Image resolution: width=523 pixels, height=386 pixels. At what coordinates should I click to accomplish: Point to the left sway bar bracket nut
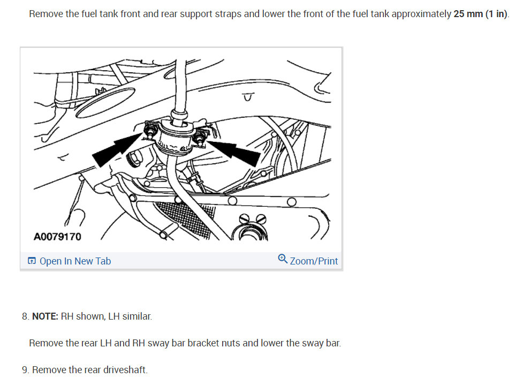coord(150,130)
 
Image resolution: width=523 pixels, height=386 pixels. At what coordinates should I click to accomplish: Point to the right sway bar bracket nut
coord(200,138)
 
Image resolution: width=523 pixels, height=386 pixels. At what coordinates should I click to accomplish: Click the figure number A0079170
coord(57,237)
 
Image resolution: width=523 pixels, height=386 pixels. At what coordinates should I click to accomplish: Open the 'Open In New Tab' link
coord(75,261)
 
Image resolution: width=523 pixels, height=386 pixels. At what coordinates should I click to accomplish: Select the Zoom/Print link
coord(314,261)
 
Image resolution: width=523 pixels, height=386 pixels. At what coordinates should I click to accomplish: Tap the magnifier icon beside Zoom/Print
coord(283,260)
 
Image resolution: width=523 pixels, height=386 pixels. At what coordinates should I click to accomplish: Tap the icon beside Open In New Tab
coord(32,261)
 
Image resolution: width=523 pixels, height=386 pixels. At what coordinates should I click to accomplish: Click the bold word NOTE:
coord(46,316)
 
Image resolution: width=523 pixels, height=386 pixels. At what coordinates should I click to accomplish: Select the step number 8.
coord(25,316)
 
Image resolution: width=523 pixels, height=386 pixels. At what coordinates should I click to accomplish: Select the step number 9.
coord(25,370)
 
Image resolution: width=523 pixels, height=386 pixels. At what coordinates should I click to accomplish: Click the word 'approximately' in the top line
coord(421,13)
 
